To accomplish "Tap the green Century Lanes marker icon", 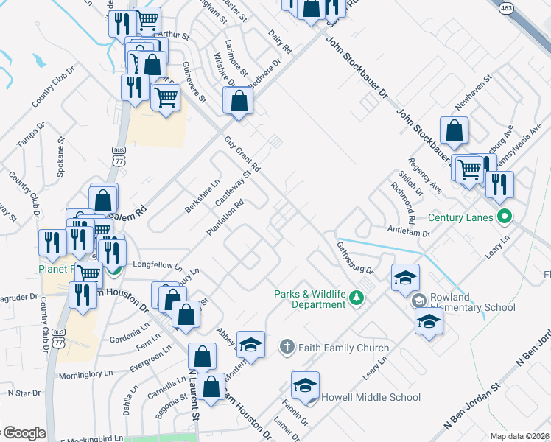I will pos(505,217).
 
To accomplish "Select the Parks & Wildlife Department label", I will pos(309,298).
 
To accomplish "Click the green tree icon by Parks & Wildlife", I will pos(357,298).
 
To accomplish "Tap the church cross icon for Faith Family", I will pos(287,346).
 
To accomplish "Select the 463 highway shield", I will pos(505,7).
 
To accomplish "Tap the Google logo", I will pos(24,433).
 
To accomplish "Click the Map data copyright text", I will pos(520,436).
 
